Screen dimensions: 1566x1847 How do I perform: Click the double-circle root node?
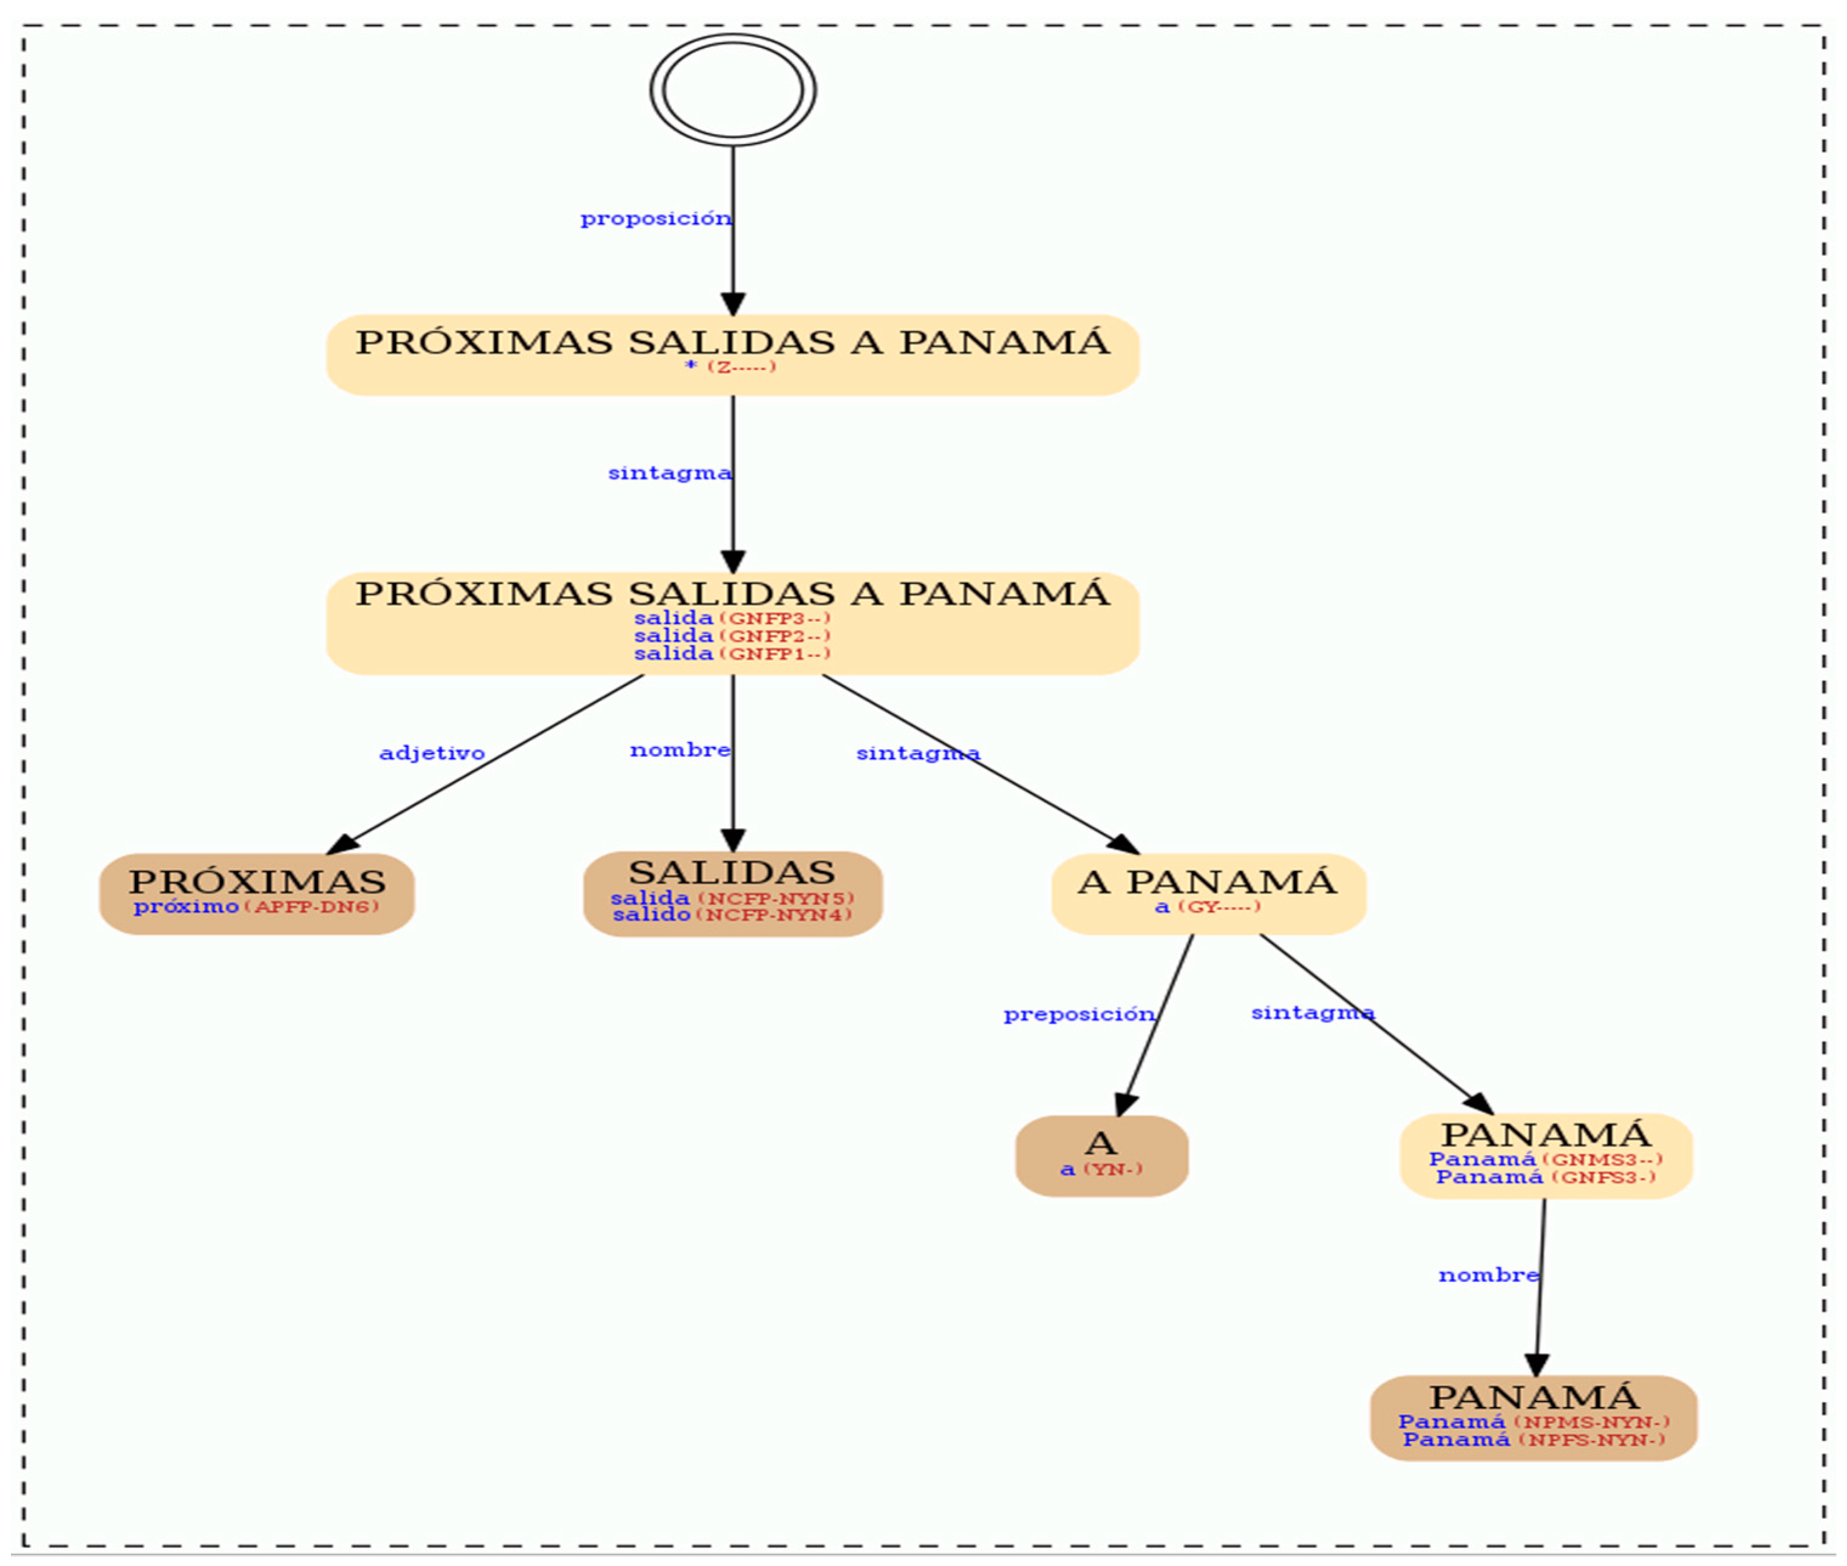(732, 90)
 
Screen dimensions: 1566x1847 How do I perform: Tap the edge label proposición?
(655, 219)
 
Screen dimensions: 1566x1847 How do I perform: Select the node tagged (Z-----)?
(732, 354)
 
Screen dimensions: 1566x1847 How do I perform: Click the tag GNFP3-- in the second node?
(775, 618)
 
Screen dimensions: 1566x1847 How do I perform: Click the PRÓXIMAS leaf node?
(256, 893)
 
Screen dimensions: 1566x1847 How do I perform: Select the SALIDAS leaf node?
(732, 893)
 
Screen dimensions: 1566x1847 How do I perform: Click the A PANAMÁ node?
(1208, 893)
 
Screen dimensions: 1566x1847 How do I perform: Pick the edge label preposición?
(1078, 1014)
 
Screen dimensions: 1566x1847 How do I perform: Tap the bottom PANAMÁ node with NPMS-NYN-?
(1533, 1418)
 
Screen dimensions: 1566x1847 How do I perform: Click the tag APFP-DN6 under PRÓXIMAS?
(311, 907)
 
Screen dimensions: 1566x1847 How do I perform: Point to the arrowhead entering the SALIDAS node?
(732, 840)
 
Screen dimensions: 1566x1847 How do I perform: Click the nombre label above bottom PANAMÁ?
(1488, 1275)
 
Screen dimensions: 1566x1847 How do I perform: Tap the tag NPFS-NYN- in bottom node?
(1591, 1439)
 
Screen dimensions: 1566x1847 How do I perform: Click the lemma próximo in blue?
(186, 907)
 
